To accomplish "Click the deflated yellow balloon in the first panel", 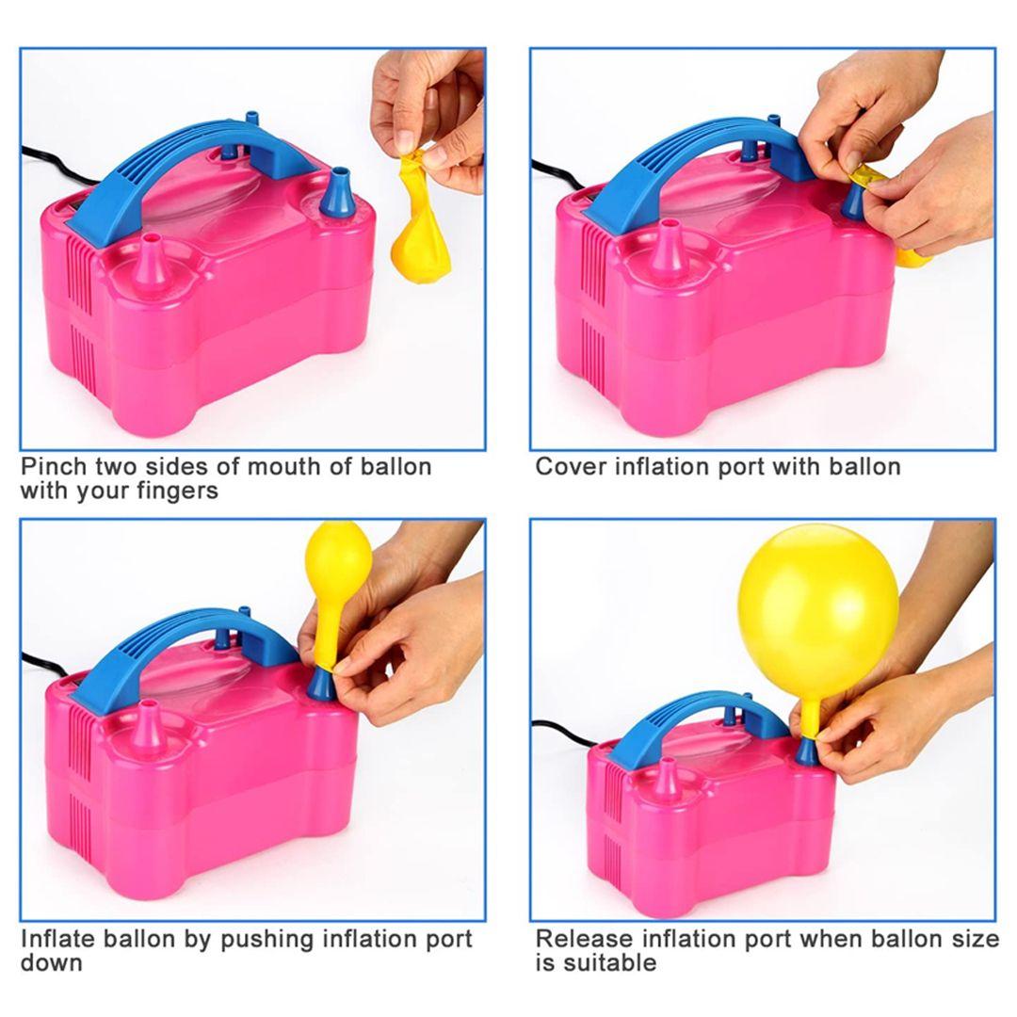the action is pos(419,227).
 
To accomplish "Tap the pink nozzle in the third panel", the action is pos(150,731).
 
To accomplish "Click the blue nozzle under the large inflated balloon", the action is pos(806,751).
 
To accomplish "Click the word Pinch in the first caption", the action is pos(54,466).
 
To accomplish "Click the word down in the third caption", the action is pos(52,963).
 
